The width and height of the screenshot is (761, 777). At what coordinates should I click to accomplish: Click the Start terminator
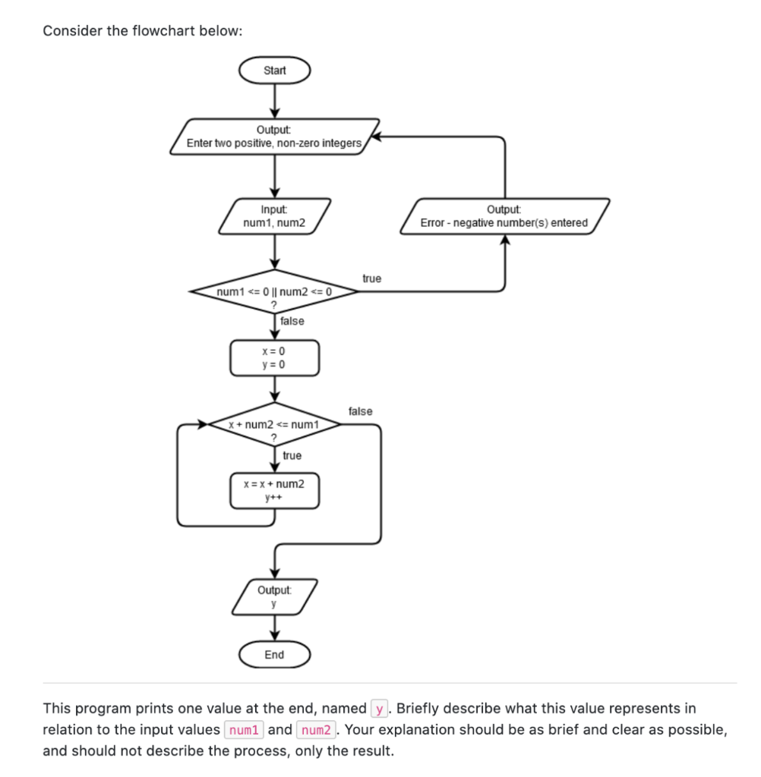(274, 71)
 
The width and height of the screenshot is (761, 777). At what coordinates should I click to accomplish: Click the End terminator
(274, 655)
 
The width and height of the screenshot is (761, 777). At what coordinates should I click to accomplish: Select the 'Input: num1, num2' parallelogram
(274, 216)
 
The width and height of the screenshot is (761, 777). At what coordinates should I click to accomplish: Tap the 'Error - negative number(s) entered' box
(504, 216)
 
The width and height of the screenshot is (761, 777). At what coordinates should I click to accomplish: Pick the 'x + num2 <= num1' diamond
(274, 426)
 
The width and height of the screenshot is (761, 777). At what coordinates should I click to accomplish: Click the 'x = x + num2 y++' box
(274, 490)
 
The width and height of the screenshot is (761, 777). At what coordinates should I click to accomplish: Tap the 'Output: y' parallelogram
(274, 596)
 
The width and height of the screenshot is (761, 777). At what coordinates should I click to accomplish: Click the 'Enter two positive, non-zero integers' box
(274, 137)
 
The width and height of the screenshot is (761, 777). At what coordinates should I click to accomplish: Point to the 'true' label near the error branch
(371, 278)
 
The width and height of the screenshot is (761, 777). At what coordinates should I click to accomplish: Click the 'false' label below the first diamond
(292, 321)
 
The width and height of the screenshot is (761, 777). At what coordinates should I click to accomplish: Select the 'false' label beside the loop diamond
(360, 411)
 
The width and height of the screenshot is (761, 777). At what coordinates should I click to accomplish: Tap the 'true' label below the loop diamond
(292, 455)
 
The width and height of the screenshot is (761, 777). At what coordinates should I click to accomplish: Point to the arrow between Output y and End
(274, 628)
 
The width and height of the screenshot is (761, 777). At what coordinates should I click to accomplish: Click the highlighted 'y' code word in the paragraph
(379, 709)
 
